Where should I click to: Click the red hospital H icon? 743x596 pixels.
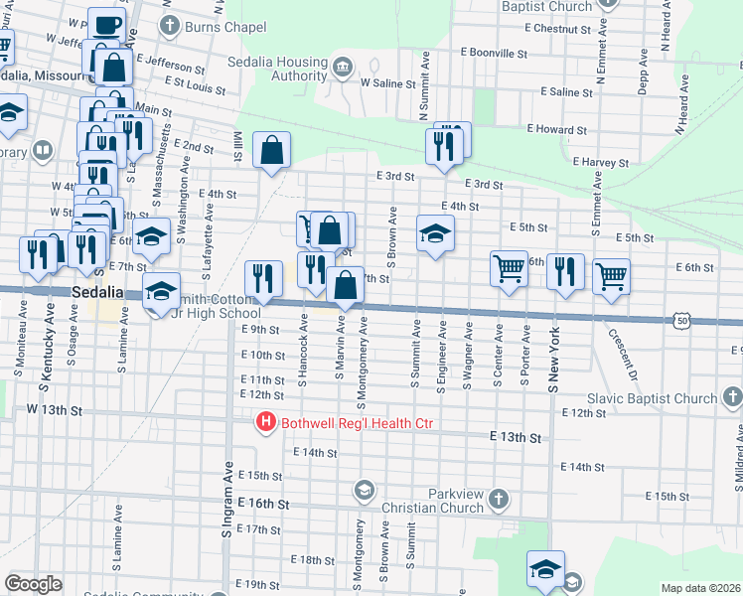pyautogui.click(x=266, y=423)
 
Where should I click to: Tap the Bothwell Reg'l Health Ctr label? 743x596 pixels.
pyautogui.click(x=358, y=424)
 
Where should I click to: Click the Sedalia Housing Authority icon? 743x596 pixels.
pyautogui.click(x=343, y=67)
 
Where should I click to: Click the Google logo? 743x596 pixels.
pyautogui.click(x=33, y=584)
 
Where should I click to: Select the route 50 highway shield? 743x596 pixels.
pyautogui.click(x=680, y=321)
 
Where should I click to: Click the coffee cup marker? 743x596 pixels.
pyautogui.click(x=106, y=25)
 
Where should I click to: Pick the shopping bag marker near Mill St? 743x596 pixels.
pyautogui.click(x=271, y=151)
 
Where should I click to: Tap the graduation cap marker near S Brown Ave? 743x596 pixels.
pyautogui.click(x=434, y=234)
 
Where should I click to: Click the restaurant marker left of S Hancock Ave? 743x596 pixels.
pyautogui.click(x=261, y=277)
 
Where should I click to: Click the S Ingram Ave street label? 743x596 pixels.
pyautogui.click(x=227, y=504)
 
